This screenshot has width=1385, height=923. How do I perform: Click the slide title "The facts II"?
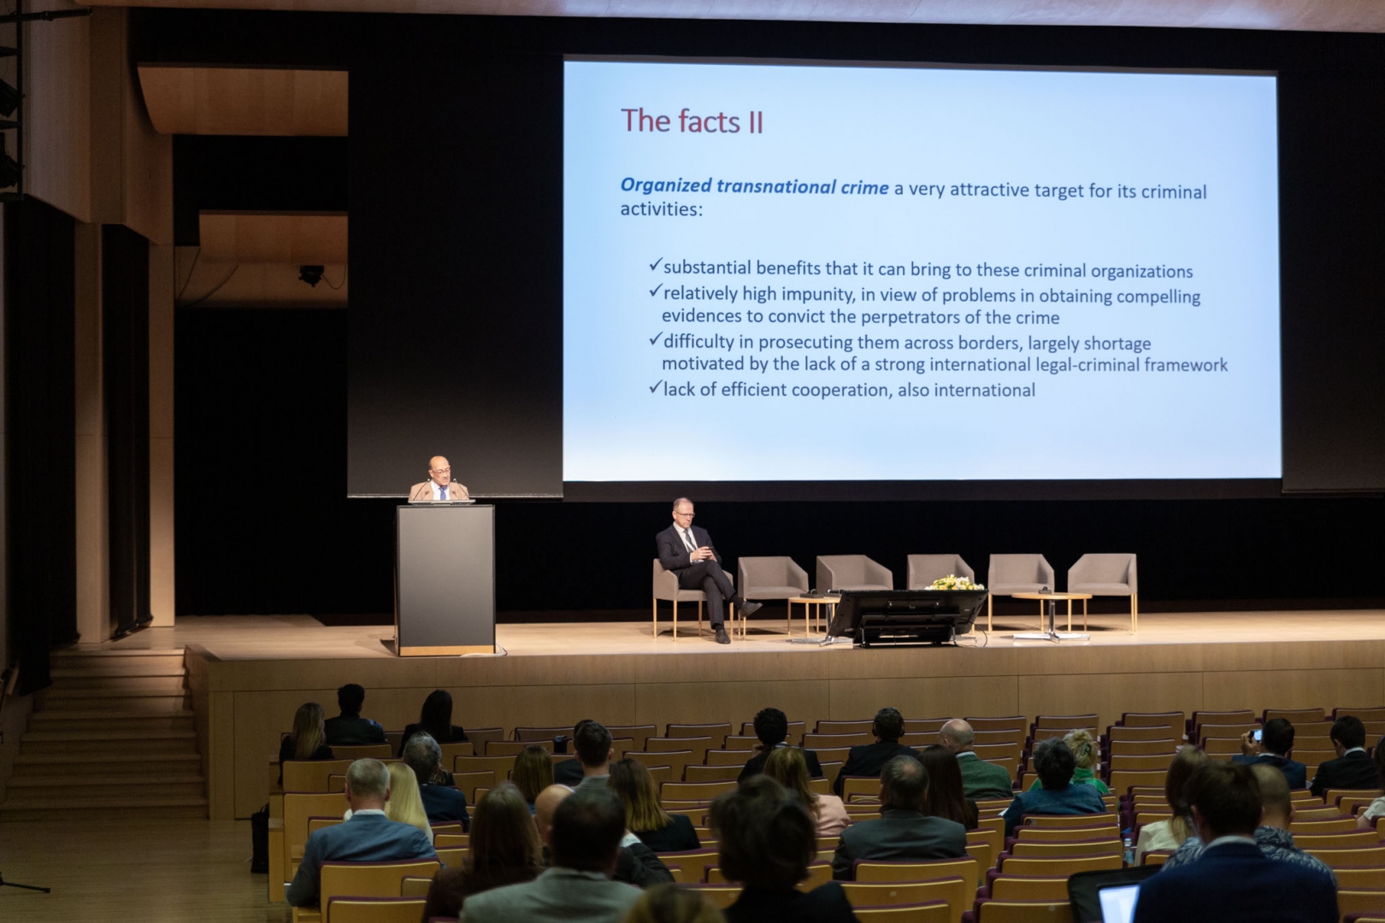click(x=692, y=121)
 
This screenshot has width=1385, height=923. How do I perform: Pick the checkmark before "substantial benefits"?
click(x=656, y=265)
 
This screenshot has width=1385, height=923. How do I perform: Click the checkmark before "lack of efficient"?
click(x=656, y=388)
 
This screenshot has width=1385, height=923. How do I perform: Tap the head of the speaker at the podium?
click(x=439, y=470)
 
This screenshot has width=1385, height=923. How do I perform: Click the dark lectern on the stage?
click(x=445, y=579)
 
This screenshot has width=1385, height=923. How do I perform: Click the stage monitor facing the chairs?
click(x=906, y=616)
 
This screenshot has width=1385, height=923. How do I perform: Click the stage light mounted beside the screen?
click(x=311, y=274)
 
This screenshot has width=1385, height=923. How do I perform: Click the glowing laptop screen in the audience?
click(x=1118, y=903)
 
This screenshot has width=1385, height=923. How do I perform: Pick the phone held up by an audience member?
click(x=1255, y=736)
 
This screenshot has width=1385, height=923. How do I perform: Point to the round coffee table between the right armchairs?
click(x=1051, y=612)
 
